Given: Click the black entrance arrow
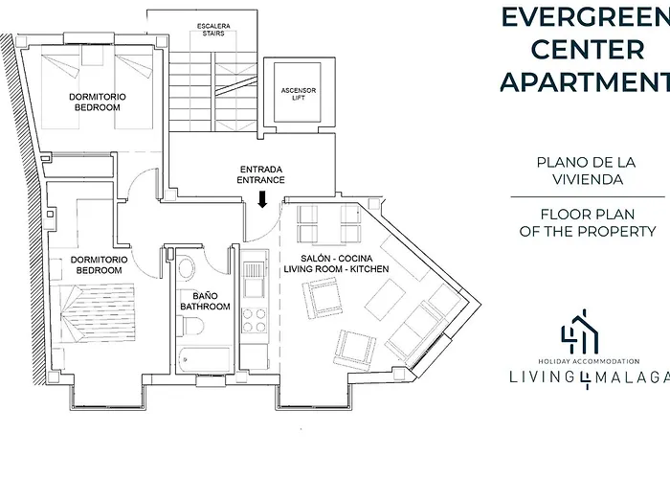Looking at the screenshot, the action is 263,199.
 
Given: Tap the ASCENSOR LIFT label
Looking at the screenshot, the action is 299,94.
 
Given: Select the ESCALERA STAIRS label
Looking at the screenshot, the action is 213,30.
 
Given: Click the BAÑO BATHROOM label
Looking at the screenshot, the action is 205,301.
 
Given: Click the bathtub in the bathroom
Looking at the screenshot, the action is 205,359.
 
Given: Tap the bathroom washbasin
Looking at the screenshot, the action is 186,268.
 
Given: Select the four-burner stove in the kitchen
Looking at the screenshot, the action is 255,320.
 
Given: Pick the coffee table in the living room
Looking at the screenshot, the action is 386,299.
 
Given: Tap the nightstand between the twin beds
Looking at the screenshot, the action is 92,56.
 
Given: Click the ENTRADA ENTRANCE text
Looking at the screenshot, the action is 260,175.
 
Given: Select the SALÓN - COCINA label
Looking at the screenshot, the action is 337,259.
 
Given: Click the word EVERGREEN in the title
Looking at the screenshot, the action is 585,18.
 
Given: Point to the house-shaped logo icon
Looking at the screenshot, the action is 581,331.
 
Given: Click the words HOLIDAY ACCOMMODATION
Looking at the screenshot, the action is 589,361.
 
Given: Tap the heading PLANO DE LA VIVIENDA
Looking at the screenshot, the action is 586,171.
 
